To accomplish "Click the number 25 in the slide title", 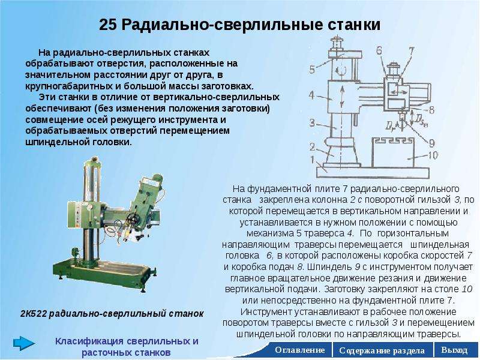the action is pyautogui.click(x=108, y=25).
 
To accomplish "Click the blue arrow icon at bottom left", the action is pyautogui.click(x=24, y=343).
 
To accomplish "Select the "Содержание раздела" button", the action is pyautogui.click(x=382, y=350).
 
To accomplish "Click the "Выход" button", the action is pyautogui.click(x=455, y=350).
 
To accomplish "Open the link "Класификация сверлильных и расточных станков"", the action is pyautogui.click(x=127, y=347).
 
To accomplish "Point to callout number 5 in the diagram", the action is pyautogui.click(x=312, y=70).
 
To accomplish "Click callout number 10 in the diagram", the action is pyautogui.click(x=432, y=155).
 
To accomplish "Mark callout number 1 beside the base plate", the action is pyautogui.click(x=312, y=160).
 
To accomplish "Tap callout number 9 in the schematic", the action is pyautogui.click(x=431, y=143).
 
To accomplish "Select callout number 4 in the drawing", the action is pyautogui.click(x=312, y=95).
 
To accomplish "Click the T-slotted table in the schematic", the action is pyautogui.click(x=393, y=152).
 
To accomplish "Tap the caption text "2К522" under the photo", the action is pyautogui.click(x=34, y=314).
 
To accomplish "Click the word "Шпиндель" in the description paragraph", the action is pyautogui.click(x=329, y=267).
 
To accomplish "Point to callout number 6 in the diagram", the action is pyautogui.click(x=379, y=50).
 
